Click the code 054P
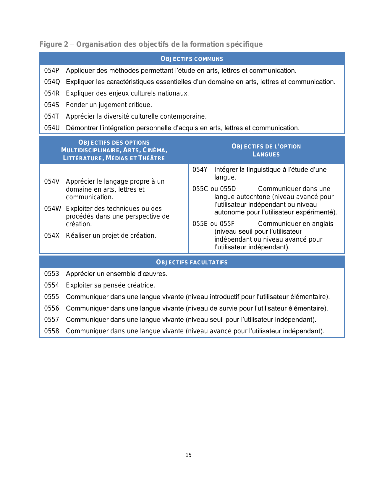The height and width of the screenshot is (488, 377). click(x=52, y=71)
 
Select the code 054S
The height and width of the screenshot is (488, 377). click(x=52, y=105)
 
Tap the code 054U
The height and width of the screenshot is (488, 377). click(x=52, y=128)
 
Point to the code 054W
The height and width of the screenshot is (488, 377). click(x=53, y=209)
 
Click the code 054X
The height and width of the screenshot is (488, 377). click(x=52, y=236)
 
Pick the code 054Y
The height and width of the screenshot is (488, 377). click(x=200, y=170)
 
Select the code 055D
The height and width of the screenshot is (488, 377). click(x=228, y=189)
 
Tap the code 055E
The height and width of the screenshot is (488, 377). click(x=200, y=224)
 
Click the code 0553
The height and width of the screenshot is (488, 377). click(x=52, y=274)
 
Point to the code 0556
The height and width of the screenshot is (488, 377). click(x=52, y=308)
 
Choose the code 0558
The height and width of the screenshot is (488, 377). click(x=52, y=331)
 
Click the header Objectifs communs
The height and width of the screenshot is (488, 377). click(x=192, y=59)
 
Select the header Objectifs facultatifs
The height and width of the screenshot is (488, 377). click(x=192, y=262)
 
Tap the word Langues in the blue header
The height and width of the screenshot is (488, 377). click(x=266, y=154)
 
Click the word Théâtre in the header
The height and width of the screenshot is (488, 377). click(x=151, y=158)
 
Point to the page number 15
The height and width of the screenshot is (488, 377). click(x=189, y=455)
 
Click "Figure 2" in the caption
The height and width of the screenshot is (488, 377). click(x=54, y=44)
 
